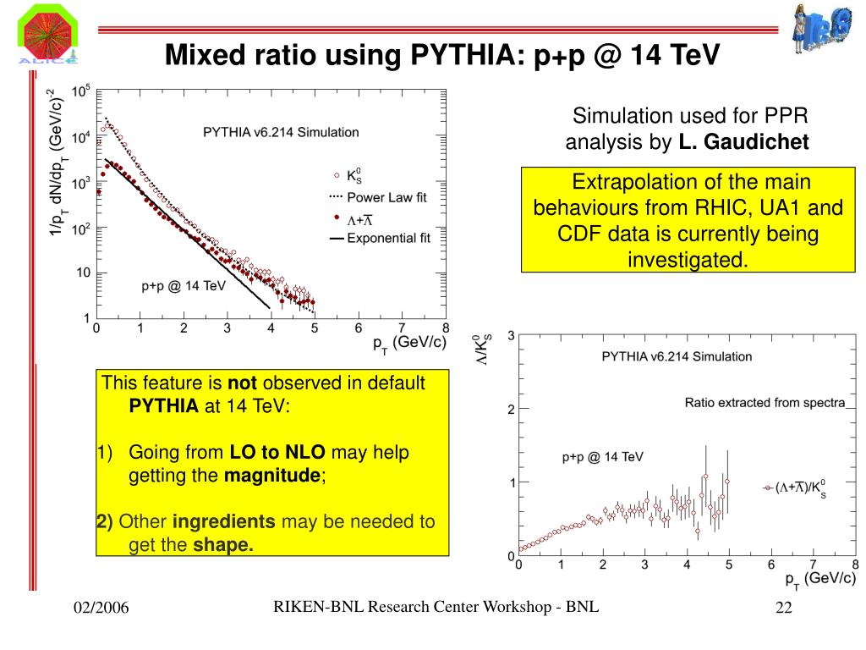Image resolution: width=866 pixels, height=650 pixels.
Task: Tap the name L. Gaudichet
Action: (743, 142)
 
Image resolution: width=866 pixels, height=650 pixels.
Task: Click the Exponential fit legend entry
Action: (390, 238)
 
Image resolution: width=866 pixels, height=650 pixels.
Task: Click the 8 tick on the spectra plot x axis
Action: (446, 328)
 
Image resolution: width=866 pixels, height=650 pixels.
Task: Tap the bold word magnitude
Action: (271, 476)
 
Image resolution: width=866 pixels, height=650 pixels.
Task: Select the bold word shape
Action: (223, 544)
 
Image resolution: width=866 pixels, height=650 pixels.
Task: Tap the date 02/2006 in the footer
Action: (101, 607)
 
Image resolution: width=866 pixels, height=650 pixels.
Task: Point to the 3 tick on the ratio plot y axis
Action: (511, 336)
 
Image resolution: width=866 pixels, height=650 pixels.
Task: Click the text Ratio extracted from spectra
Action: (765, 403)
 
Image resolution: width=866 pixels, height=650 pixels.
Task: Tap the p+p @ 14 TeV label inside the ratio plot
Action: (602, 457)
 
